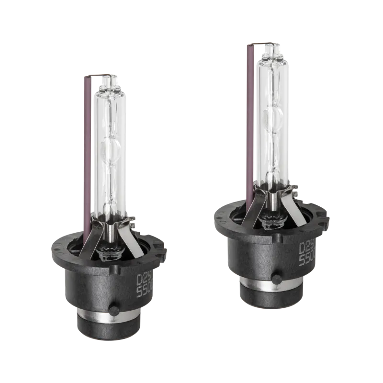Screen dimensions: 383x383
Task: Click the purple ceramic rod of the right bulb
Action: (x=250, y=124)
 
